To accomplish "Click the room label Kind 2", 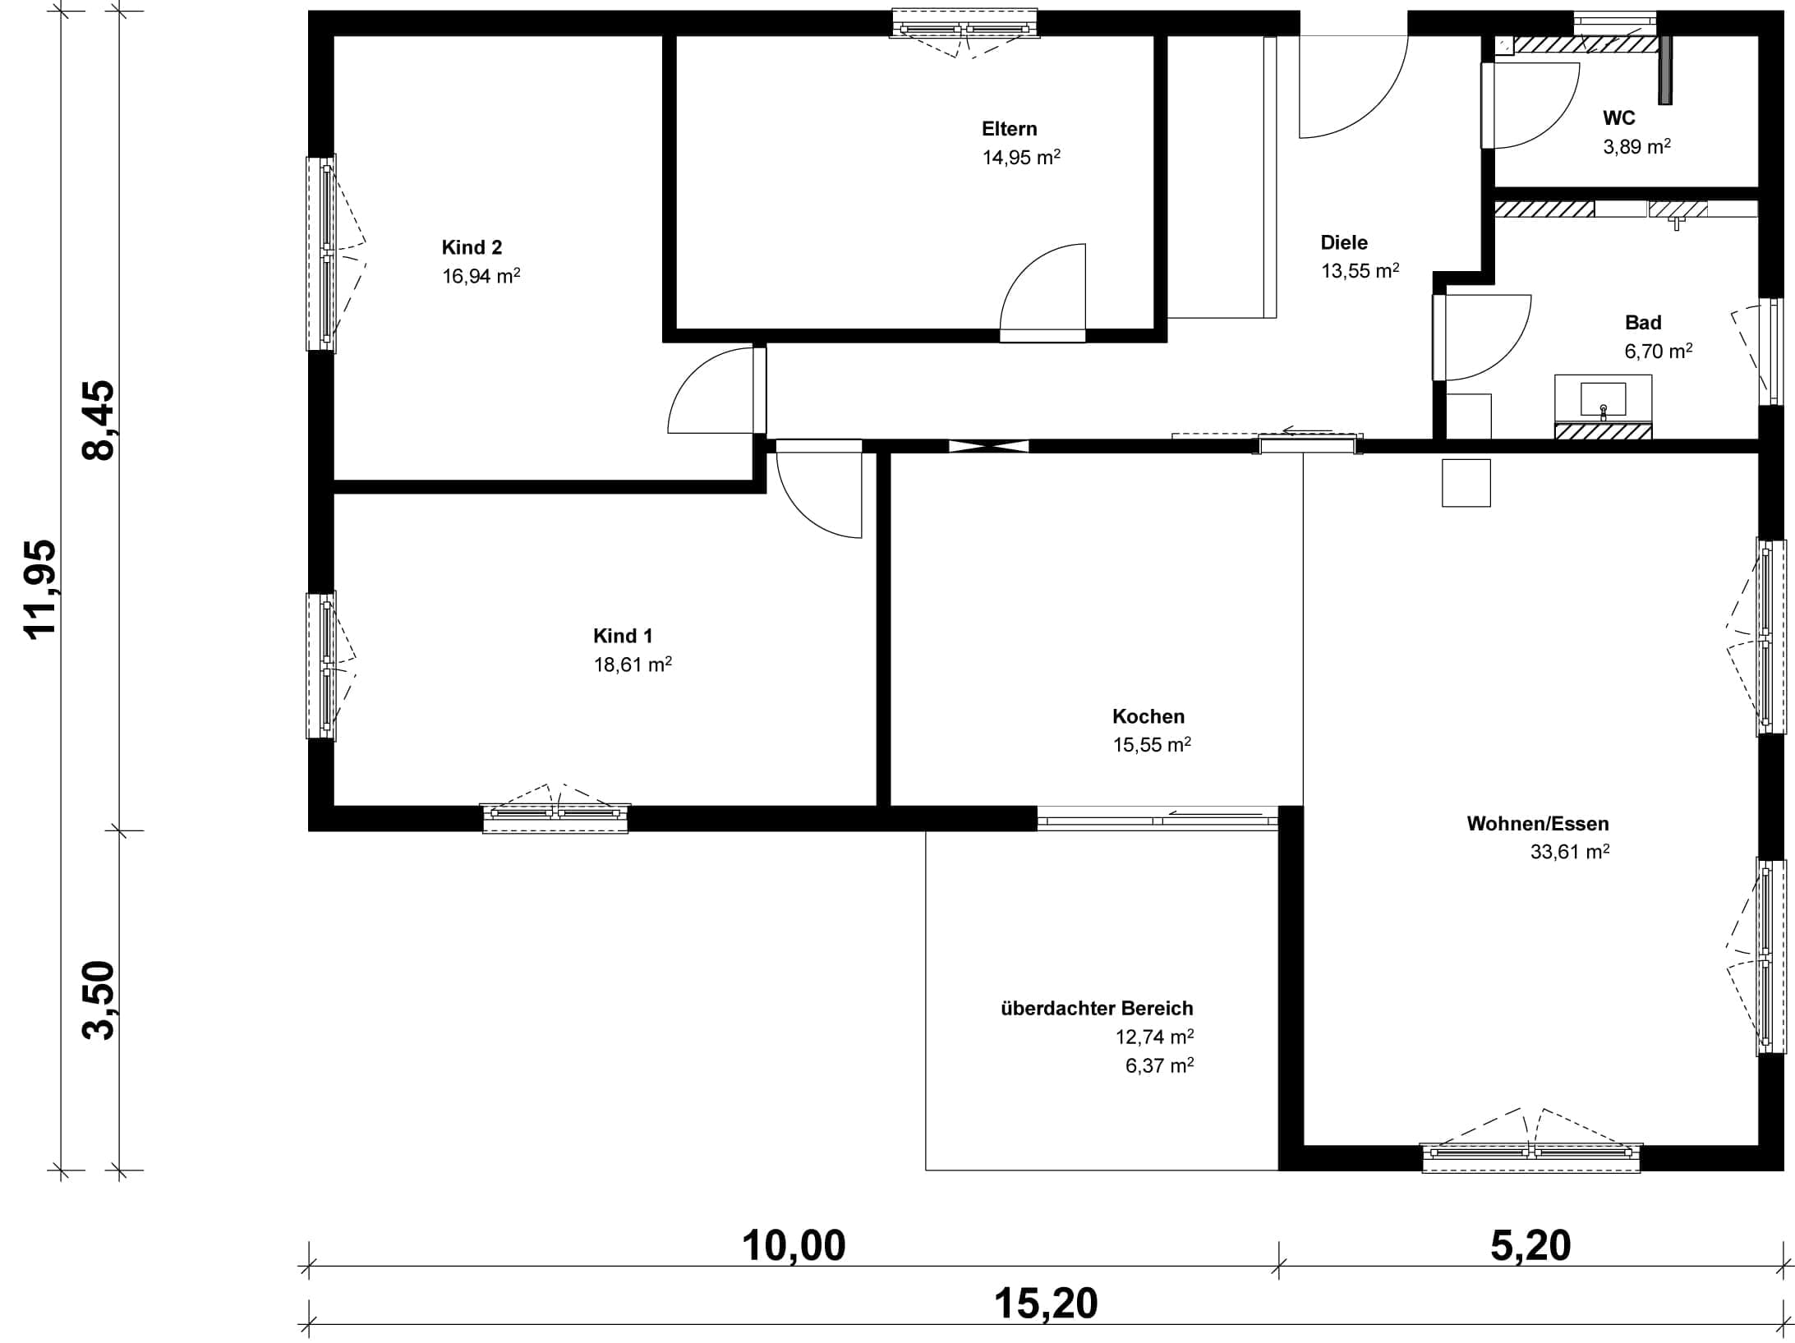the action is pyautogui.click(x=472, y=247).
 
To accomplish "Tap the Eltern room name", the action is pyautogui.click(x=1009, y=129).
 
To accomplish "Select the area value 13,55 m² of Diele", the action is pyautogui.click(x=1360, y=270).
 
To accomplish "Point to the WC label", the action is pyautogui.click(x=1618, y=118).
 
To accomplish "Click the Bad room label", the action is pyautogui.click(x=1643, y=323).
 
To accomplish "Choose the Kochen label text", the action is pyautogui.click(x=1148, y=716).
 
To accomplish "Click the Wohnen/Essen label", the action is pyautogui.click(x=1538, y=823).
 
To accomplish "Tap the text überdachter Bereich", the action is pyautogui.click(x=1097, y=1008).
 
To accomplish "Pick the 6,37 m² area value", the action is pyautogui.click(x=1159, y=1065).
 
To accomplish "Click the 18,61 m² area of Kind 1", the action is pyautogui.click(x=633, y=664).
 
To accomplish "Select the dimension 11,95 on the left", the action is pyautogui.click(x=41, y=588).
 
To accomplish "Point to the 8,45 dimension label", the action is pyautogui.click(x=99, y=420).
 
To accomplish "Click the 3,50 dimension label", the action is pyautogui.click(x=99, y=1000).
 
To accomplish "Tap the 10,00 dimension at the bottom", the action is pyautogui.click(x=794, y=1245).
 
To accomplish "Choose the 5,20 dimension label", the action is pyautogui.click(x=1530, y=1245).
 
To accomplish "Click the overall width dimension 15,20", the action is pyautogui.click(x=1046, y=1304).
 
